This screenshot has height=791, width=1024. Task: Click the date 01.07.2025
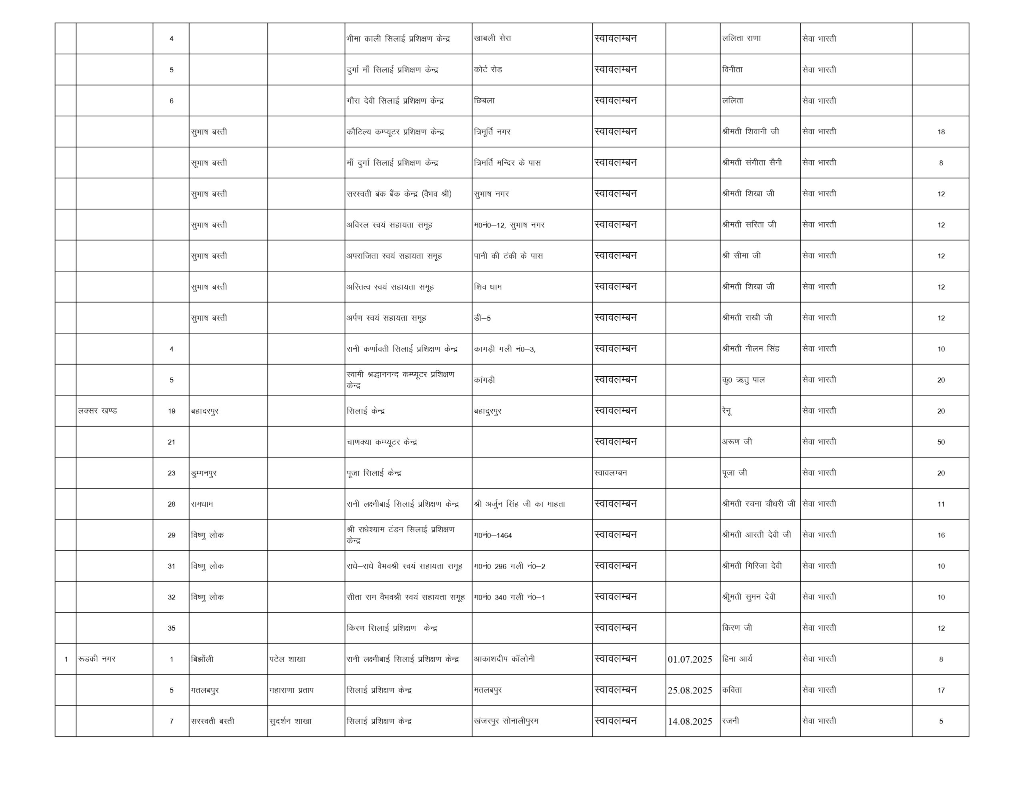click(x=690, y=659)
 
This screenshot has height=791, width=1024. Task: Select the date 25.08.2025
click(x=690, y=690)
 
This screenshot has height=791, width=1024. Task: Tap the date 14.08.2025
click(x=690, y=721)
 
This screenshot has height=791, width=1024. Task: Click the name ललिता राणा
click(x=741, y=38)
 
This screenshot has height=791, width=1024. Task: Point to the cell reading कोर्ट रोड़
click(x=488, y=70)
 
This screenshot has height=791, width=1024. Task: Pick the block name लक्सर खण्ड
click(x=98, y=411)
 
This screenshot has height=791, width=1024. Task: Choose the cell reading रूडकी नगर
click(x=96, y=659)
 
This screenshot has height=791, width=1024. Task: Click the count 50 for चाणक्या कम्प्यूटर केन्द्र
click(x=940, y=442)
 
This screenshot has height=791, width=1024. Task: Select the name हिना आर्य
click(x=737, y=659)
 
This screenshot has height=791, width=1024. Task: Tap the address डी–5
click(x=482, y=318)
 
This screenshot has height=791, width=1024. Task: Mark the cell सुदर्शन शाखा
click(x=290, y=721)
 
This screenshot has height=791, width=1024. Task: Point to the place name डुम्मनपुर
click(x=204, y=473)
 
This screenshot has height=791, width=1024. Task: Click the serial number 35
click(x=171, y=628)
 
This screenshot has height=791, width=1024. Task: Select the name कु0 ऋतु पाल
click(x=743, y=380)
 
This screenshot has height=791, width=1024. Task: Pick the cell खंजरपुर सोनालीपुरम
click(x=506, y=721)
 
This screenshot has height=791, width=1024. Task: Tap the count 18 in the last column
click(x=940, y=132)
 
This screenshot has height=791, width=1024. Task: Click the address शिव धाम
click(x=488, y=286)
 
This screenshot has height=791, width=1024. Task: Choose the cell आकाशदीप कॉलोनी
click(x=504, y=659)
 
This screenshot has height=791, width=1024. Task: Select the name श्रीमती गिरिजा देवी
click(x=752, y=566)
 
